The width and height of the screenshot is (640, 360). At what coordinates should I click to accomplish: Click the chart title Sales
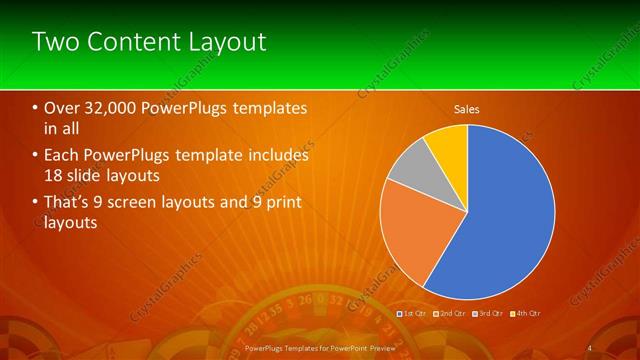(x=467, y=108)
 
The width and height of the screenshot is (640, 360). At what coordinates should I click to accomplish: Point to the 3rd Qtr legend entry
(x=485, y=313)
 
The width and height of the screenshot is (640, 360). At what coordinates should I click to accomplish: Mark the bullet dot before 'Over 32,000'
(x=35, y=108)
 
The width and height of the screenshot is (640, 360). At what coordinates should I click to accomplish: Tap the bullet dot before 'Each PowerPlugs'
(x=35, y=156)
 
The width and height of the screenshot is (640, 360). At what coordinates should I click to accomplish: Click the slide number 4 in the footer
(x=590, y=347)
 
